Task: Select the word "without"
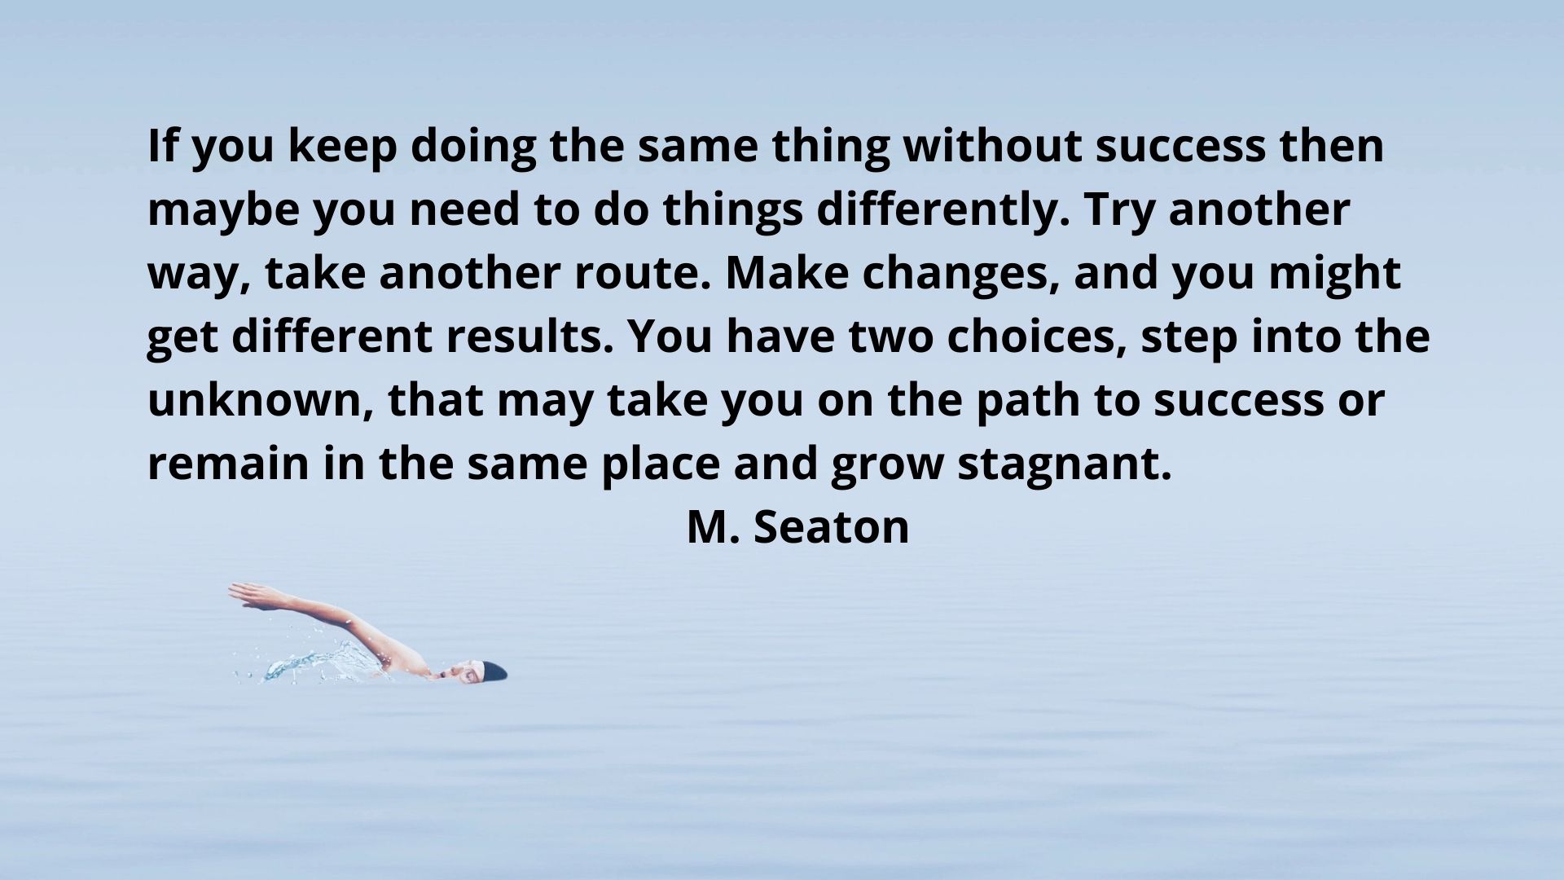pos(992,146)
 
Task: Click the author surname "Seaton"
pos(831,527)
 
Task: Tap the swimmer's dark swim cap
pos(493,671)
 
